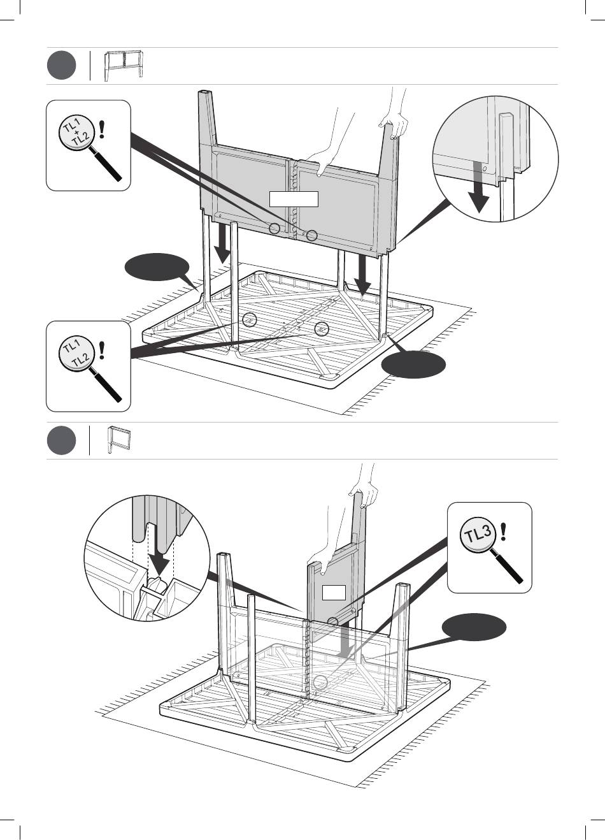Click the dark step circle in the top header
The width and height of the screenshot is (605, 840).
coord(61,66)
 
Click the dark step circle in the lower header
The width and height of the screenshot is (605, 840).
coord(61,441)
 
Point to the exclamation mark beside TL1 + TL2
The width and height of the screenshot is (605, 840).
coord(102,129)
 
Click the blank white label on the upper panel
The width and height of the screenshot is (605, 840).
coord(293,199)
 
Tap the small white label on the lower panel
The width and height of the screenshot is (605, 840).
coord(333,593)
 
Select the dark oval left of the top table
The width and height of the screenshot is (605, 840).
coord(157,268)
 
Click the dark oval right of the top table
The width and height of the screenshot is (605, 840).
coord(413,365)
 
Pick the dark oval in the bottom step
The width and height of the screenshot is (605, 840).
coord(475,627)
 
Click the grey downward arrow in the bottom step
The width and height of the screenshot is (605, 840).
coord(345,640)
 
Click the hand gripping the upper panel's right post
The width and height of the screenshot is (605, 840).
coord(393,124)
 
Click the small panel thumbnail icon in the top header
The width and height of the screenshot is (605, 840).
coord(124,65)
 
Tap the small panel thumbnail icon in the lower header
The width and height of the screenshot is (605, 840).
coord(118,440)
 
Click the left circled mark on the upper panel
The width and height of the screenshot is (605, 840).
coord(274,228)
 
